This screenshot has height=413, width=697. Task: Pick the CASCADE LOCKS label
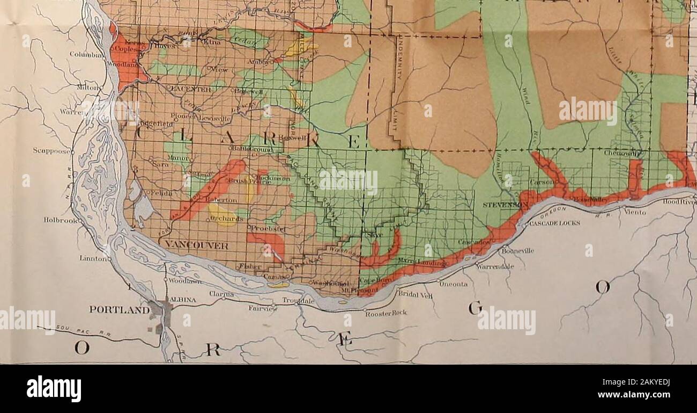(x=553, y=224)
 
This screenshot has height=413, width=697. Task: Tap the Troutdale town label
(x=298, y=301)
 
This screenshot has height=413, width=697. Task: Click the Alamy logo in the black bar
(x=54, y=388)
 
